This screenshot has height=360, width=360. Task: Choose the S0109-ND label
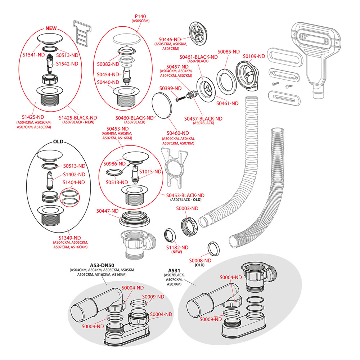coord(253,56)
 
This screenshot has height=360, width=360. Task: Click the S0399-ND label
coord(171,88)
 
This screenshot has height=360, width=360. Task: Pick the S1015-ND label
coord(150,171)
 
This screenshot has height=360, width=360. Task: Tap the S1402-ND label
coord(74,174)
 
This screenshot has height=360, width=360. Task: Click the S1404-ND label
coord(74,183)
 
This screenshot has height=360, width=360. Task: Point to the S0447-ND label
coord(108,211)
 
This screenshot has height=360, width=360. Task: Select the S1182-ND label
coord(177,247)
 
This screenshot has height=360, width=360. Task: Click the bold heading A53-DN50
coord(102,265)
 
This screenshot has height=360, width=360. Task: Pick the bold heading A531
coord(174,270)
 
